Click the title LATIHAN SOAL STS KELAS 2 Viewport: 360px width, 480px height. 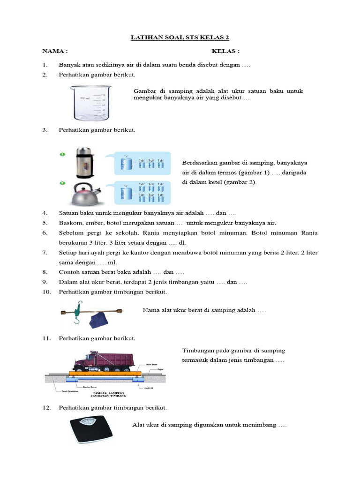[180, 37]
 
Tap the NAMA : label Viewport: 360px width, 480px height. [55, 51]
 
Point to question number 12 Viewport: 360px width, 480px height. [46, 408]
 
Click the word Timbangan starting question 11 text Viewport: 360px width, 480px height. [196, 351]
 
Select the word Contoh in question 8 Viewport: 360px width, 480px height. [69, 272]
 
